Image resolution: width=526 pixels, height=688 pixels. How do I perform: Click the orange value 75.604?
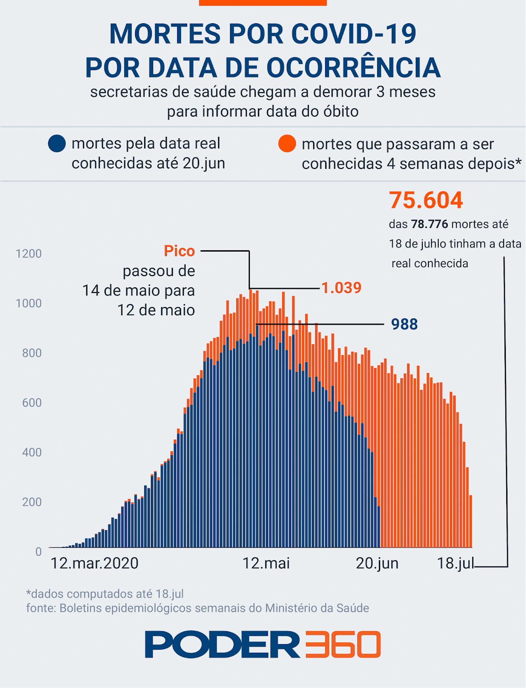426,200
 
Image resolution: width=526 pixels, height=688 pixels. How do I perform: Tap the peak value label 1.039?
341,288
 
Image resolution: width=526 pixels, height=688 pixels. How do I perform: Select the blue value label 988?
404,324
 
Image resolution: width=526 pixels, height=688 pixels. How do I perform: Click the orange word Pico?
179,251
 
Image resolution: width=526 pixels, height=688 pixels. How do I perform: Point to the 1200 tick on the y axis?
29,254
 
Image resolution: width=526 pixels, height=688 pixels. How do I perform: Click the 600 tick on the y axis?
32,403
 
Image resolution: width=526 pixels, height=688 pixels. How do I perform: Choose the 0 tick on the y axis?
39,552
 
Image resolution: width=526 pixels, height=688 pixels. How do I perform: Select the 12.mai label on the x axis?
266,563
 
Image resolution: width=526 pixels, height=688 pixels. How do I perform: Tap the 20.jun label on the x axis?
377,563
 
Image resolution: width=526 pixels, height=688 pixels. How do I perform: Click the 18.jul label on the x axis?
455,563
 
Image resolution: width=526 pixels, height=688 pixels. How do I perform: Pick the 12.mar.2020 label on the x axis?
95,563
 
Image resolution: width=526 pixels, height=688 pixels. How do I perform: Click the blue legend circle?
57,144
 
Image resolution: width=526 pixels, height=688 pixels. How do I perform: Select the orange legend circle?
287,144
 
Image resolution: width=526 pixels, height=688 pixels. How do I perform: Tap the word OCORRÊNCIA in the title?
354,68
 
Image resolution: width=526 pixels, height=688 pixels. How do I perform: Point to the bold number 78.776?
429,224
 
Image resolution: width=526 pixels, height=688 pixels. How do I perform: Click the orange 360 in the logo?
343,645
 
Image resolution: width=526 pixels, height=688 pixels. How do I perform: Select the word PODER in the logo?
222,645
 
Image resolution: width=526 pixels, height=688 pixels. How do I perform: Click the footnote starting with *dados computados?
105,594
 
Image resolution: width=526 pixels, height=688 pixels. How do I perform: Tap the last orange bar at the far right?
471,521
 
